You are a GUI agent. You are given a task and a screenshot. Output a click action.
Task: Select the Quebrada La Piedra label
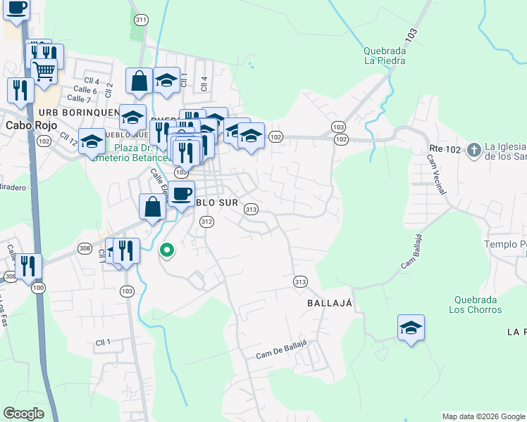point(384,55)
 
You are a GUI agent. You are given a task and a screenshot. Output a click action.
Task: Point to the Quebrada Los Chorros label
point(473,304)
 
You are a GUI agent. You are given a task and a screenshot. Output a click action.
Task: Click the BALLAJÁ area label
point(329,302)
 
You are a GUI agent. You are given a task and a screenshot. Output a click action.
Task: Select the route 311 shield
point(142,20)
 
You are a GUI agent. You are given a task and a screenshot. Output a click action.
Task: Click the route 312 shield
point(206,222)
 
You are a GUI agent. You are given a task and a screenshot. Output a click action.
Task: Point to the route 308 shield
point(85,248)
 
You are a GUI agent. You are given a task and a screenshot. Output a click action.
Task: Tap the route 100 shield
point(38,288)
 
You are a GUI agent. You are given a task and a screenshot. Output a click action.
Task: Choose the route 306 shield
point(10,277)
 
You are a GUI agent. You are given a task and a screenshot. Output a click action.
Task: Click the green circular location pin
point(167,250)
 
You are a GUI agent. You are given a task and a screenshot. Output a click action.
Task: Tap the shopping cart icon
point(44,70)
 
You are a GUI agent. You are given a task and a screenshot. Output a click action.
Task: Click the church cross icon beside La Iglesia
point(473,149)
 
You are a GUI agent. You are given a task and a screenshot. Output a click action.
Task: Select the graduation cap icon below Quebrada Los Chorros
point(411,328)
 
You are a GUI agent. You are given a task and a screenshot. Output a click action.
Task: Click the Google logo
point(24,414)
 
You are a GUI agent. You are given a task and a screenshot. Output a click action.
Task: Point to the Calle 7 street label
point(79,98)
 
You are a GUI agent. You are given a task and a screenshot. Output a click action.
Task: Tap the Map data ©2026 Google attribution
point(483,416)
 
